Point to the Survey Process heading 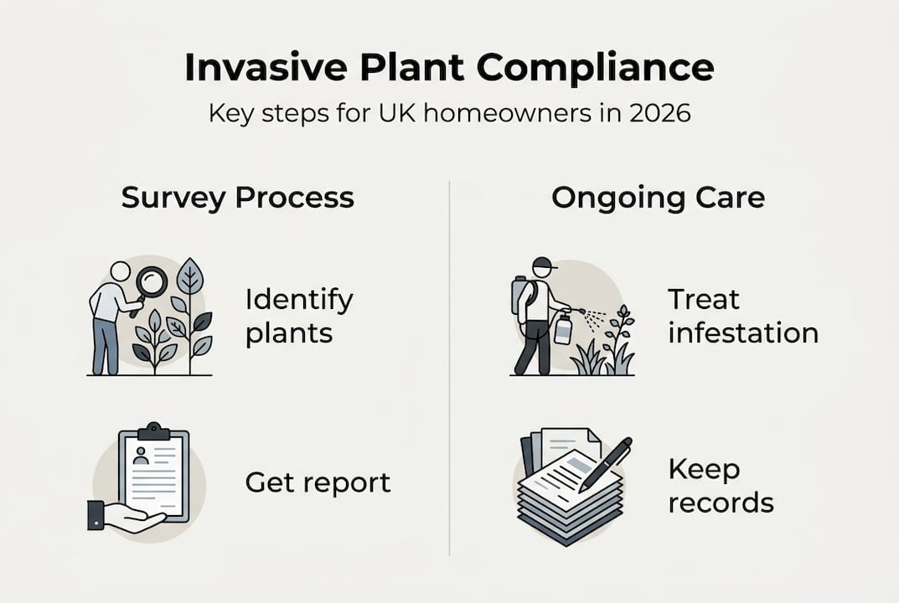[x=237, y=198]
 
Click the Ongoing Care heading [x=658, y=198]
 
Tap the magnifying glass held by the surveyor [x=152, y=282]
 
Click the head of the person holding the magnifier [x=121, y=271]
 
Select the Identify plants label [x=299, y=316]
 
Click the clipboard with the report [x=154, y=474]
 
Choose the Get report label [x=318, y=482]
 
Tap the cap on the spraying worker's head [x=544, y=264]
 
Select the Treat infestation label [x=742, y=316]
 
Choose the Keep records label [x=721, y=486]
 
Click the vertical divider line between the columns [x=450, y=368]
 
